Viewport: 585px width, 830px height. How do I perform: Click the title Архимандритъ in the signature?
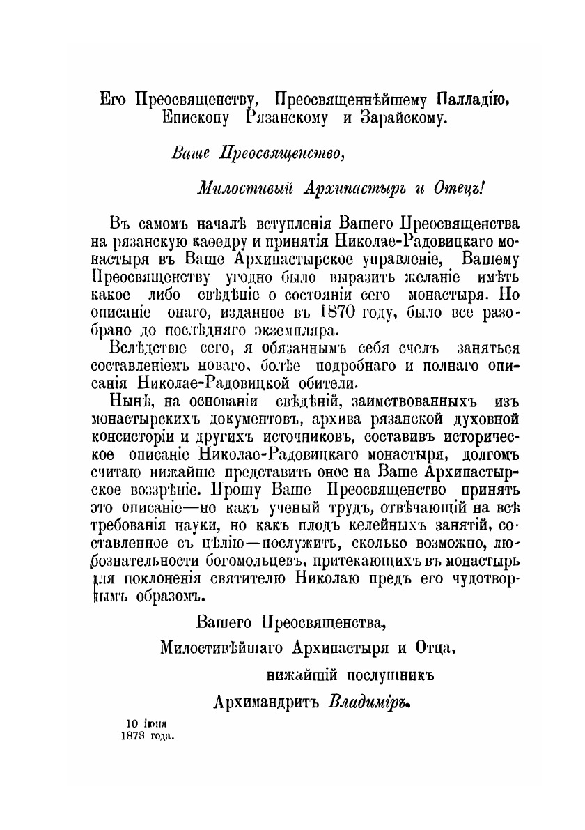265,702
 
